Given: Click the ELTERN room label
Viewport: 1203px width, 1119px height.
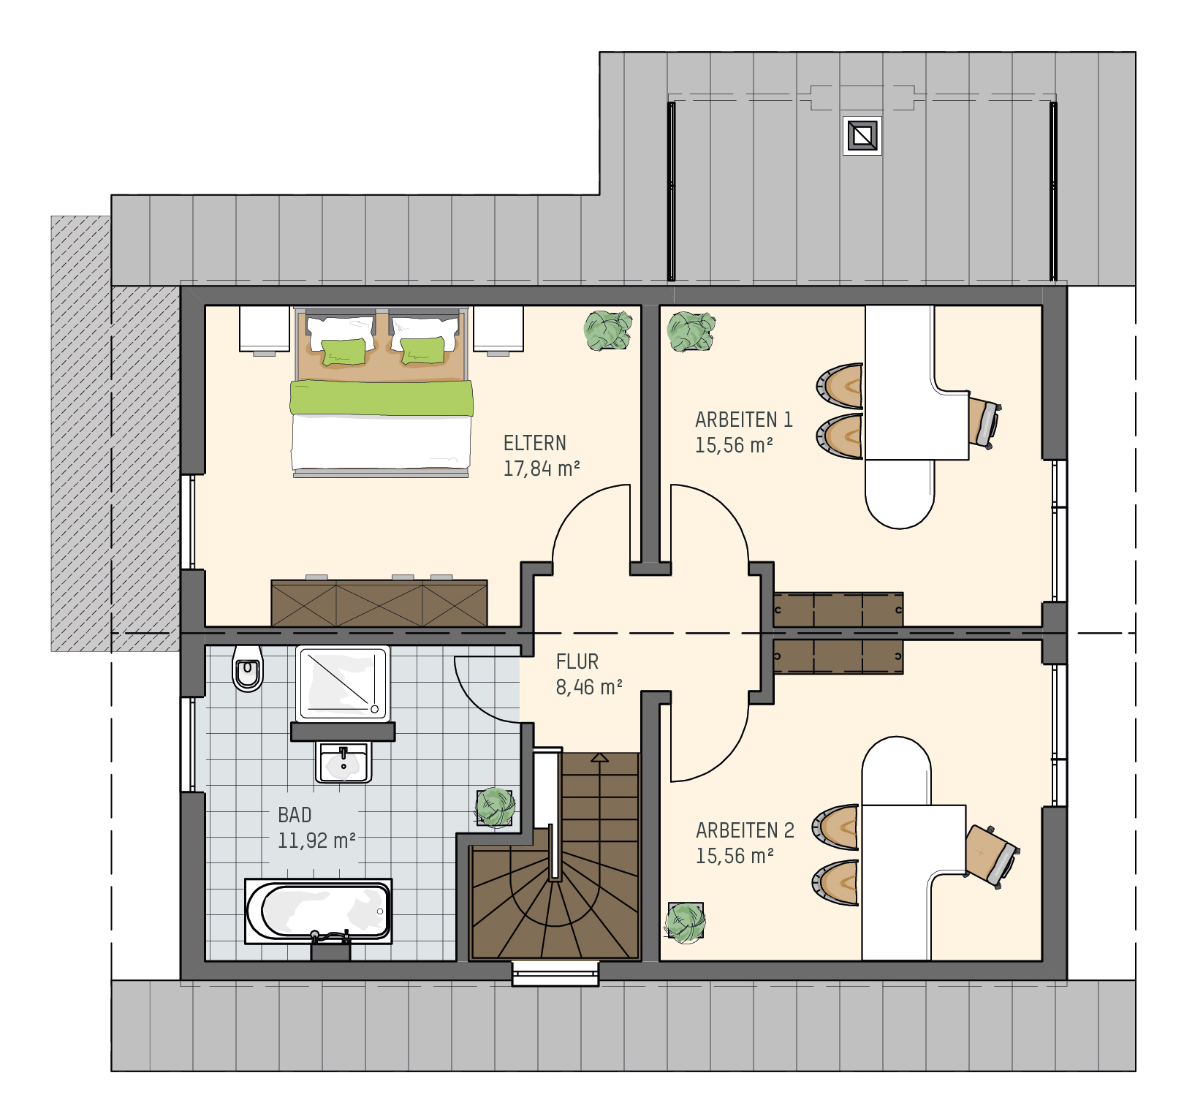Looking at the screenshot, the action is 534,443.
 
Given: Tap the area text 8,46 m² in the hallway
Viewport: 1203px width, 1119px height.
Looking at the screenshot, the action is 589,687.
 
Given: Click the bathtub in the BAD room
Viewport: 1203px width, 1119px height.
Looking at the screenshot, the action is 318,911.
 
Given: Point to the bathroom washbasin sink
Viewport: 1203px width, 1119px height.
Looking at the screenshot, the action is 343,762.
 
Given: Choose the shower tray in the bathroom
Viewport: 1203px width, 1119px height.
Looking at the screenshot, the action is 343,683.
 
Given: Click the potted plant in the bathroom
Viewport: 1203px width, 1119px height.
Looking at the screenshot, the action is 495,807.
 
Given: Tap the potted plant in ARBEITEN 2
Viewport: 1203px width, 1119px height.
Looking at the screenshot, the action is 686,922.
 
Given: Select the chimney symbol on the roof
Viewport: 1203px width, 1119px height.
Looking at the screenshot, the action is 862,135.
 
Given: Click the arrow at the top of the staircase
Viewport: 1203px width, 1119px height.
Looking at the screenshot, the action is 599,758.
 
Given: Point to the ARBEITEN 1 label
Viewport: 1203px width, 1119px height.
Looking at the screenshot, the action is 743,420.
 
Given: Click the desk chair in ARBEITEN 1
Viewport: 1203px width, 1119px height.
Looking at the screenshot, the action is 984,422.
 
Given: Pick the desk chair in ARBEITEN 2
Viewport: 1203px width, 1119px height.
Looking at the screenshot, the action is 992,856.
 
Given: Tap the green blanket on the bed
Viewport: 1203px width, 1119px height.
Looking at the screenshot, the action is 382,398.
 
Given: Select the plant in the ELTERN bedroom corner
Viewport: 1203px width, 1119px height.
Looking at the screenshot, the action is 608,330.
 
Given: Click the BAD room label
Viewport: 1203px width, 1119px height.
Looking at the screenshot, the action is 295,815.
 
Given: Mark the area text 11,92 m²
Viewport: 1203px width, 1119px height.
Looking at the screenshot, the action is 316,841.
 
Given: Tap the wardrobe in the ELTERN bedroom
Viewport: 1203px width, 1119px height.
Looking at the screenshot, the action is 379,603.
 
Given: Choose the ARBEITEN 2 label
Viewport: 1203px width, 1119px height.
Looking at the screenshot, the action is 745,830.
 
